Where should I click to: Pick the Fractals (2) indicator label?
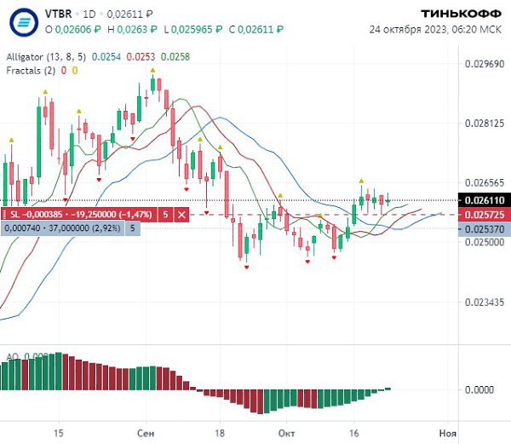pyautogui.click(x=31, y=70)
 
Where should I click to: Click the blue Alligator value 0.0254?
pyautogui.click(x=106, y=57)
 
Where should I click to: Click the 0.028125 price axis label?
pyautogui.click(x=481, y=124)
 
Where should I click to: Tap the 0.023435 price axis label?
pyautogui.click(x=481, y=303)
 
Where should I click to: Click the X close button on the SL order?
pyautogui.click(x=181, y=215)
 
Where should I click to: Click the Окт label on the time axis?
pyautogui.click(x=286, y=433)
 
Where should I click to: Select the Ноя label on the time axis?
pyautogui.click(x=447, y=433)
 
